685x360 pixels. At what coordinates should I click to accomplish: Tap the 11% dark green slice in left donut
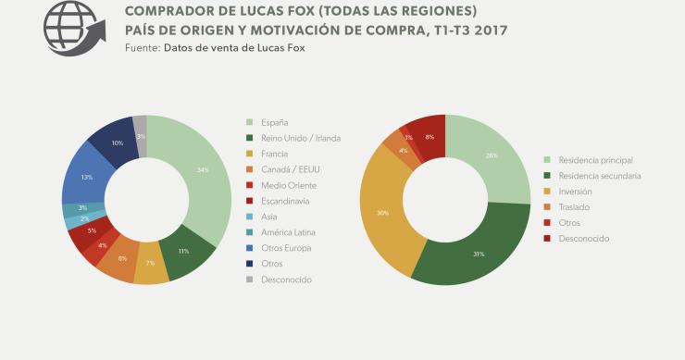click(183, 252)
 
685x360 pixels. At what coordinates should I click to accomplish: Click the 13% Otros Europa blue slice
click(86, 177)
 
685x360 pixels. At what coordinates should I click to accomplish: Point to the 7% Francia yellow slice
click(150, 264)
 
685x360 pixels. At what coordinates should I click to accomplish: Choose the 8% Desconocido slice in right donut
click(429, 136)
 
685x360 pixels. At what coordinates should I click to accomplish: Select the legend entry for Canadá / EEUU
click(291, 169)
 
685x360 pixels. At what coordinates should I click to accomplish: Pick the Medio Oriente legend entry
click(289, 185)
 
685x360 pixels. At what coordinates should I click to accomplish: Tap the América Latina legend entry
click(291, 232)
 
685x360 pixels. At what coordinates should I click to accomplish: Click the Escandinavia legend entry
click(287, 201)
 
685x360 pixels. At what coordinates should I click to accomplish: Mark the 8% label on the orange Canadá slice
click(123, 258)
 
